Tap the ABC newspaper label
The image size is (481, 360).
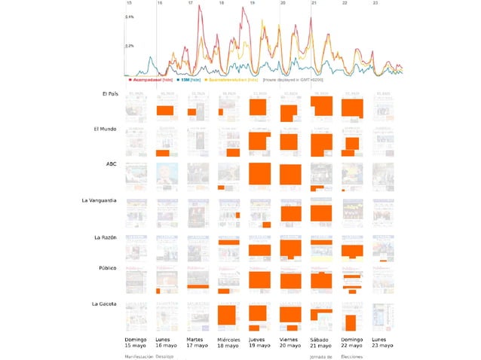point(111,163)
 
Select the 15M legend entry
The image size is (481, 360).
point(183,79)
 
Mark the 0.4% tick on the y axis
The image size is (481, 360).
point(130,17)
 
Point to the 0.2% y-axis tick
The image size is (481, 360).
point(130,46)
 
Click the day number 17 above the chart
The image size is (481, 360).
point(190,4)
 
